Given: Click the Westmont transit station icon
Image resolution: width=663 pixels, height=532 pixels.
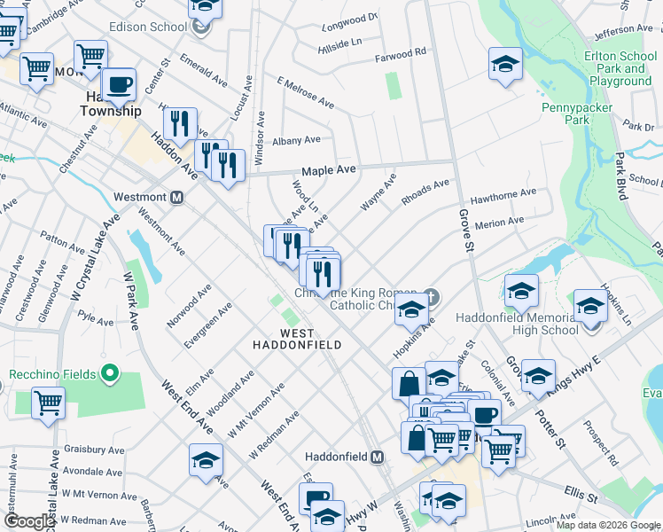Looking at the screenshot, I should pyautogui.click(x=176, y=197).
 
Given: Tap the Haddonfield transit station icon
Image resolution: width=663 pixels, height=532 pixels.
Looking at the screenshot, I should pyautogui.click(x=378, y=457).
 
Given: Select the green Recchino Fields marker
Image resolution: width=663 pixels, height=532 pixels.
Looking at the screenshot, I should pyautogui.click(x=110, y=373).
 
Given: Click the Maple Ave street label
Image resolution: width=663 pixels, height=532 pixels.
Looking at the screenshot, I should pyautogui.click(x=328, y=169).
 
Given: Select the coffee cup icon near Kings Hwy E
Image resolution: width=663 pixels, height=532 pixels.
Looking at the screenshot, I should pyautogui.click(x=484, y=414).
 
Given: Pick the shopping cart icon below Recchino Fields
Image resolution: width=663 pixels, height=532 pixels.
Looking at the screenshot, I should pyautogui.click(x=48, y=403).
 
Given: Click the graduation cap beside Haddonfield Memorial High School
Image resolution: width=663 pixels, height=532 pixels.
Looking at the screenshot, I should pyautogui.click(x=590, y=306).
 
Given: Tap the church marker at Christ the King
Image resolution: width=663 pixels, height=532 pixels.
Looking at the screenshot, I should pyautogui.click(x=430, y=295).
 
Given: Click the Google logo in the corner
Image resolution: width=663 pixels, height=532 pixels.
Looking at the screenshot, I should pyautogui.click(x=29, y=521).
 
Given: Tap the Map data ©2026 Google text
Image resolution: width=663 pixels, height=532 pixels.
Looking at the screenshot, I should pyautogui.click(x=608, y=525).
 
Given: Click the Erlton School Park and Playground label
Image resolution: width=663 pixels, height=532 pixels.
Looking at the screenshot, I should pyautogui.click(x=620, y=68).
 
